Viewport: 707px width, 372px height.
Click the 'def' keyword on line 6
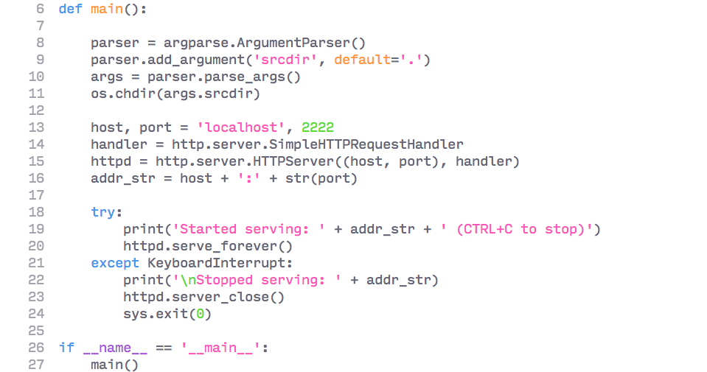[x=70, y=9]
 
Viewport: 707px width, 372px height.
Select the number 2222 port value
[x=318, y=127]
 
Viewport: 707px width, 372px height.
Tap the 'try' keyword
[x=102, y=212]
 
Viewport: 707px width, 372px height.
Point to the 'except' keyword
[x=115, y=263]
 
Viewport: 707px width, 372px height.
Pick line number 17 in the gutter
[x=36, y=195]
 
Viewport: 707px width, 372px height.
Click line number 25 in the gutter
[x=36, y=331]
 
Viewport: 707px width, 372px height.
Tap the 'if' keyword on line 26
[x=66, y=348]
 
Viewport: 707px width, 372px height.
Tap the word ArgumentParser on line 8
[x=313, y=43]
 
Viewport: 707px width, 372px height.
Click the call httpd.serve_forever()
[x=208, y=246]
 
